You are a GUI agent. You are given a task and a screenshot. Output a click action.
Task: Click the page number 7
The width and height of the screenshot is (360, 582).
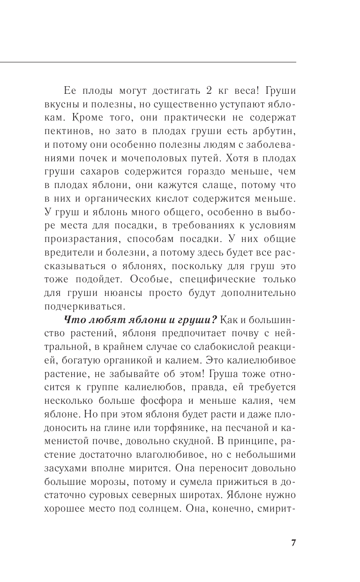293,543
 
